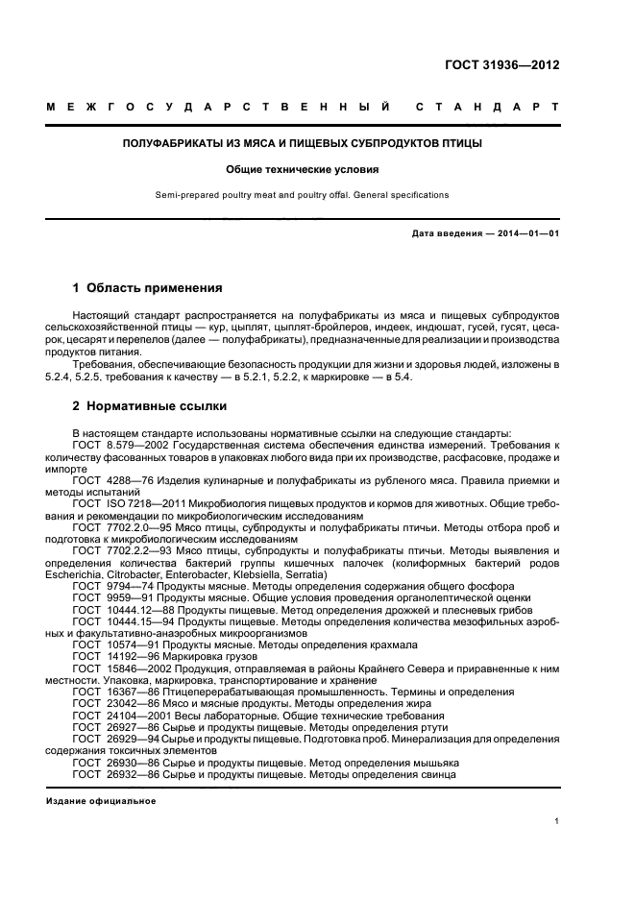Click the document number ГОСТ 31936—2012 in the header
click(501, 66)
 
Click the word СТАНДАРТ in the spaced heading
click(487, 107)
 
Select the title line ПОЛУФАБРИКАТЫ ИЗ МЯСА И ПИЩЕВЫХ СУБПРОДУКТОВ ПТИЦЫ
click(302, 143)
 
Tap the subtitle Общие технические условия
click(302, 169)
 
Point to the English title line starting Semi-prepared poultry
click(302, 195)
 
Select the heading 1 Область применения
click(148, 287)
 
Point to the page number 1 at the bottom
click(557, 821)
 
